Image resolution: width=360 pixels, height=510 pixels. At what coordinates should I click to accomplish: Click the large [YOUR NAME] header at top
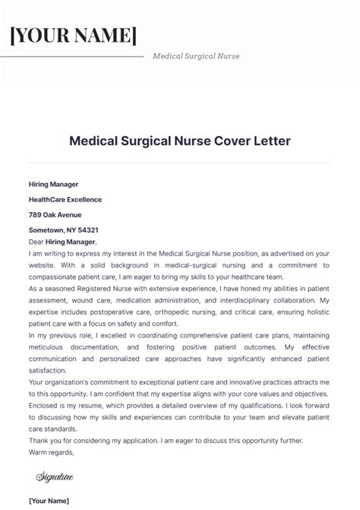click(x=73, y=36)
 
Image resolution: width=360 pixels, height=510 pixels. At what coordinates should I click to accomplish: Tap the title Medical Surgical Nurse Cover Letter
click(x=179, y=141)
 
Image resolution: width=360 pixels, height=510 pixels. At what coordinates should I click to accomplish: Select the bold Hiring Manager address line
click(x=53, y=184)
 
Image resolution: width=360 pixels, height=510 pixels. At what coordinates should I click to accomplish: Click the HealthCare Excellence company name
click(x=65, y=199)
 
